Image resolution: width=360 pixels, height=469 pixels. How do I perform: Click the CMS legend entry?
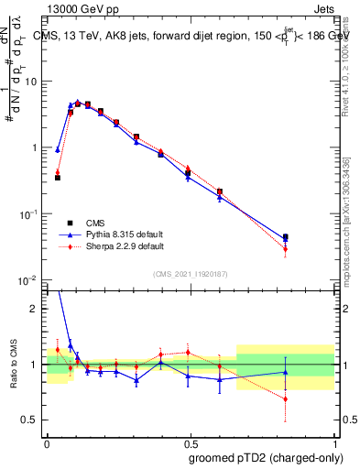pyautogui.click(x=94, y=223)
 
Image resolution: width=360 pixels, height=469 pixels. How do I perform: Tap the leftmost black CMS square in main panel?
pyautogui.click(x=58, y=178)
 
